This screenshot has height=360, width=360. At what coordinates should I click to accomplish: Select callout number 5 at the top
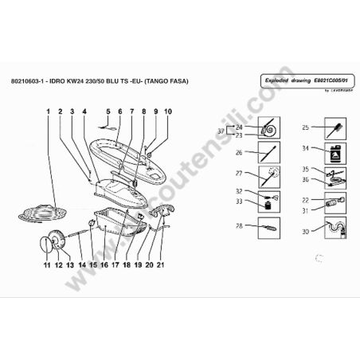click(108, 112)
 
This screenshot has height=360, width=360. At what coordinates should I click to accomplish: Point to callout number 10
click(167, 112)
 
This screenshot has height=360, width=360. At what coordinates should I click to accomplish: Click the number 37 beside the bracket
click(221, 130)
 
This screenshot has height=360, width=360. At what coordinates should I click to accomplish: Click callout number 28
click(240, 227)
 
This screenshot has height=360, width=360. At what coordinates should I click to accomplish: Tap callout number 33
click(240, 202)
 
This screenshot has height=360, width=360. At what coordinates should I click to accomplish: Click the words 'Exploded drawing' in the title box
click(284, 81)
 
